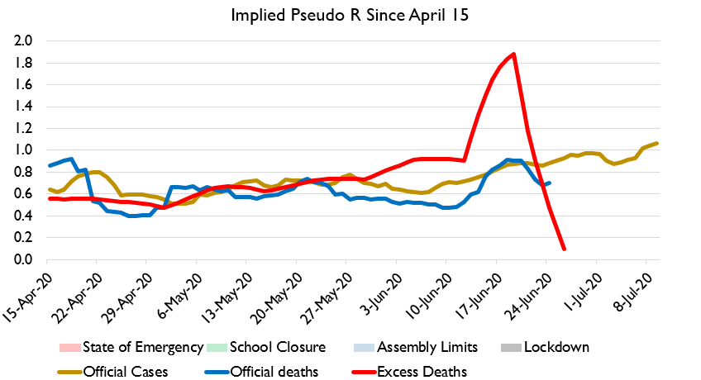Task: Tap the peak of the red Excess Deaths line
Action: point(514,55)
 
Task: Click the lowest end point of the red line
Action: point(564,248)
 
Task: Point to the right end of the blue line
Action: point(551,183)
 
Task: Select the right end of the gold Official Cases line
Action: point(657,143)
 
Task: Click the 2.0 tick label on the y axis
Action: point(23,40)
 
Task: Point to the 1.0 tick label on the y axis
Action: point(23,150)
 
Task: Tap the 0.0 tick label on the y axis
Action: point(23,260)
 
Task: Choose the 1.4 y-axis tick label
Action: point(23,107)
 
